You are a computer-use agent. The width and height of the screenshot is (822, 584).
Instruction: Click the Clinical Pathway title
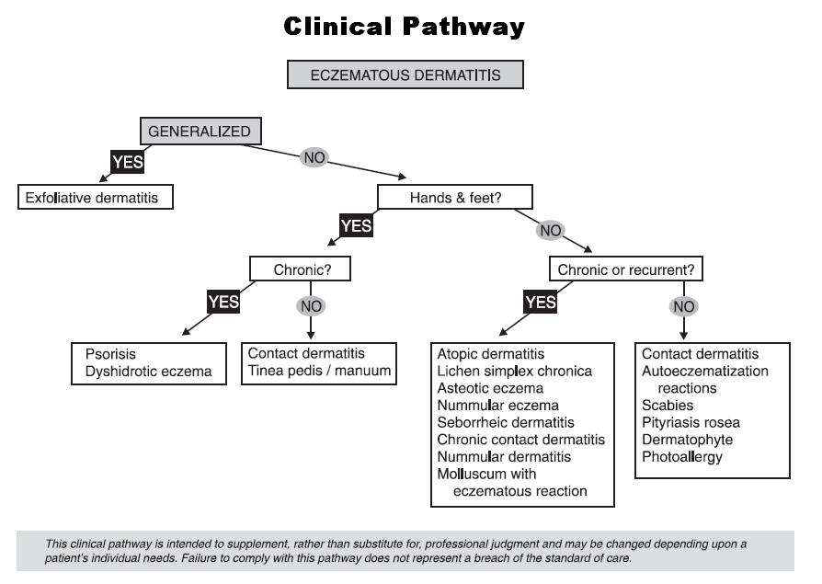[x=405, y=27]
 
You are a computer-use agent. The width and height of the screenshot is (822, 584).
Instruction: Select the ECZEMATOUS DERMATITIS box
[x=405, y=75]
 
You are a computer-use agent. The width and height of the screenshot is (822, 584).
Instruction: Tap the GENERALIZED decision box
[x=200, y=132]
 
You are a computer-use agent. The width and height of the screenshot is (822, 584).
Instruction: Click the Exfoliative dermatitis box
[x=96, y=197]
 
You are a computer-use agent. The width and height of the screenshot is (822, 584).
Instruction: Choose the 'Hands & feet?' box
[x=455, y=197]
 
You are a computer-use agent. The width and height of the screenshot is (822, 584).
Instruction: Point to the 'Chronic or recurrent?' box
[x=627, y=270]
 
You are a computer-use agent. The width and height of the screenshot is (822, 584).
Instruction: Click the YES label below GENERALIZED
[x=128, y=163]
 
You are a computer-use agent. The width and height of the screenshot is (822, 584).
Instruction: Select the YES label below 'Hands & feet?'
[x=356, y=226]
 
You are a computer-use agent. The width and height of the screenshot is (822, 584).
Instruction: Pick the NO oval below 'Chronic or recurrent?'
[x=681, y=305]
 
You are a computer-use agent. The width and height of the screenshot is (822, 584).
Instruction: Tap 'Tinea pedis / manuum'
[x=320, y=371]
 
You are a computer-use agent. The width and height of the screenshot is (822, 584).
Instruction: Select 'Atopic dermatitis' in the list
[x=491, y=354]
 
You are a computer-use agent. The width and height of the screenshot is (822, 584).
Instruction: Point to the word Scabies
[x=668, y=406]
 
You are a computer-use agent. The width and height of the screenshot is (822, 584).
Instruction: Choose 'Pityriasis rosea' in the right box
[x=691, y=422]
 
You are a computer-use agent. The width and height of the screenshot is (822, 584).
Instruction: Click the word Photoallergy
[x=682, y=457]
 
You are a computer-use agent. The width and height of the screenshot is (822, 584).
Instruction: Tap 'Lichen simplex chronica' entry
[x=514, y=371]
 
